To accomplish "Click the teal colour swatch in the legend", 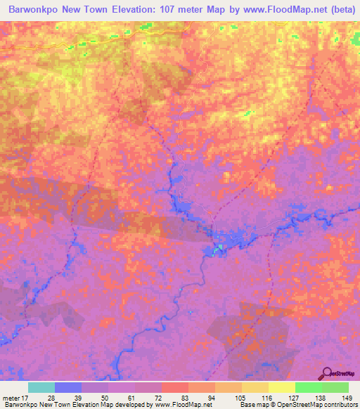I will pos(41,387).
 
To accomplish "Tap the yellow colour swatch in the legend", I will pos(281,387).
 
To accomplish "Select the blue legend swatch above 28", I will pos(68,387).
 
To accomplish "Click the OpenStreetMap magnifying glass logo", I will pos(327,374).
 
